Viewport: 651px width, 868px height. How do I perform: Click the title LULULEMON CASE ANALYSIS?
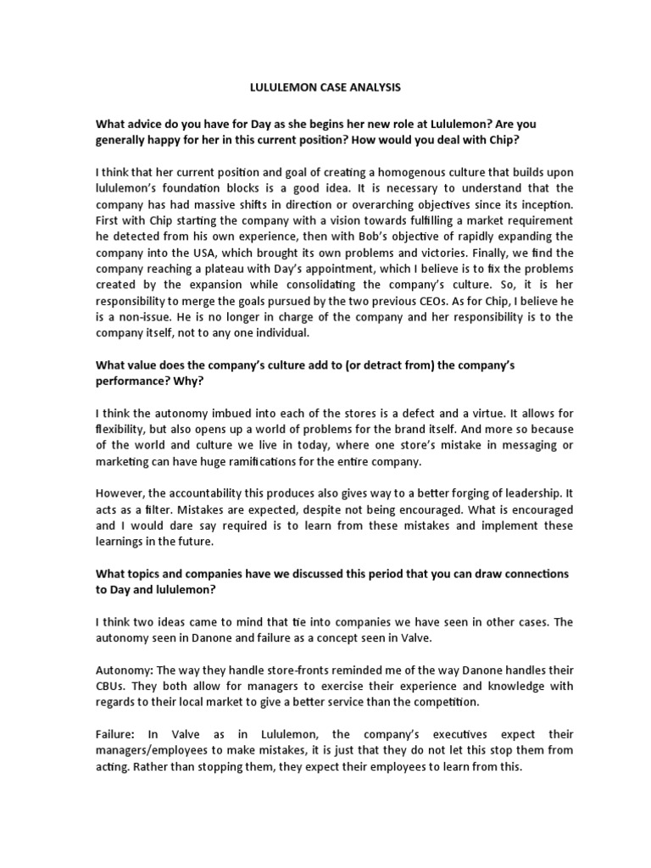pyautogui.click(x=325, y=86)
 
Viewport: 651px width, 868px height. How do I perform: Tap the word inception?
pyautogui.click(x=543, y=204)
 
